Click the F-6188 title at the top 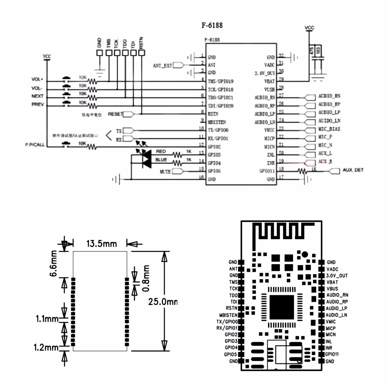(x=212, y=25)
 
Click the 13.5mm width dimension (x=102, y=243)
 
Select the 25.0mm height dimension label (x=163, y=302)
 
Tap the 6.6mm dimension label (x=53, y=264)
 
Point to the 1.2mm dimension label (x=46, y=348)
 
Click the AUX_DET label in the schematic (x=353, y=170)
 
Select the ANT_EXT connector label (x=162, y=66)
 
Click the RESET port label (x=115, y=114)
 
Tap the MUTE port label (x=165, y=171)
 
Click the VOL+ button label (x=37, y=79)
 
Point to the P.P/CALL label (x=35, y=145)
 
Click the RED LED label (x=161, y=151)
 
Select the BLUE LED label (x=161, y=160)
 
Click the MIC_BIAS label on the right (x=329, y=129)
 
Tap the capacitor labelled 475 (x=311, y=50)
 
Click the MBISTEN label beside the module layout (x=228, y=315)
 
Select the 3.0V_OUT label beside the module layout (x=337, y=275)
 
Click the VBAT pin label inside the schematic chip (x=269, y=81)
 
